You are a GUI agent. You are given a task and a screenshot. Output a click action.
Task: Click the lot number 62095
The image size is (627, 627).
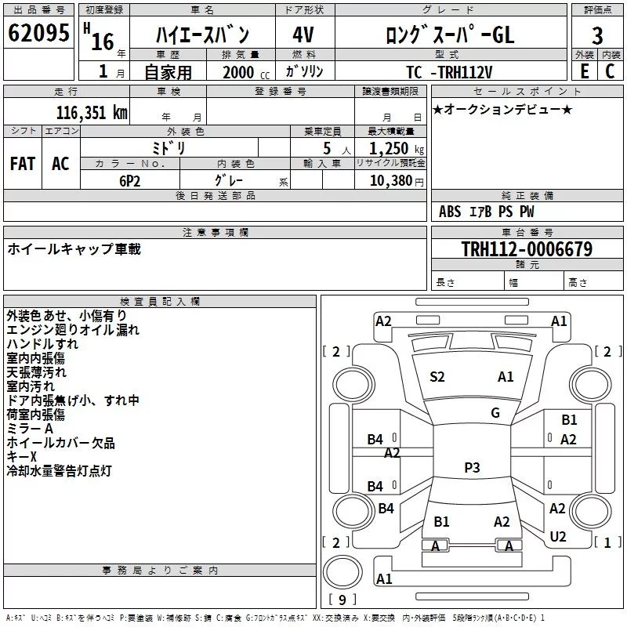tap(38, 33)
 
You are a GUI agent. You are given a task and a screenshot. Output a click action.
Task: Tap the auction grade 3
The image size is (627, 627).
tap(597, 36)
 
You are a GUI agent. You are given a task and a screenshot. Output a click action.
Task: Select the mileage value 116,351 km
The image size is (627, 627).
tap(92, 113)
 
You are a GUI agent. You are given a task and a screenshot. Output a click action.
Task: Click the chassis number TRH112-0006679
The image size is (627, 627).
tap(527, 249)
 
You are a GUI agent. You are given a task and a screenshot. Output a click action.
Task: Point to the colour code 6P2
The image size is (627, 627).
tap(130, 181)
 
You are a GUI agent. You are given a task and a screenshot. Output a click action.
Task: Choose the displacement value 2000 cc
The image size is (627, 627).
tap(246, 72)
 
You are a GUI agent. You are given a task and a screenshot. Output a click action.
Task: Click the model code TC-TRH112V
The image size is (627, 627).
tap(449, 72)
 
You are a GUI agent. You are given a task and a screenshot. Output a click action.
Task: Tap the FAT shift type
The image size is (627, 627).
tap(23, 164)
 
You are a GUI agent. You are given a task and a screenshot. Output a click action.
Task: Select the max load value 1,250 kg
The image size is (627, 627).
tap(397, 149)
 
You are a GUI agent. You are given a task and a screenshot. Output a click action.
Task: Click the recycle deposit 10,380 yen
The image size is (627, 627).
tap(397, 181)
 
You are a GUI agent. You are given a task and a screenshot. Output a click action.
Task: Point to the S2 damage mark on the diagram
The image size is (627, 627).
tap(437, 377)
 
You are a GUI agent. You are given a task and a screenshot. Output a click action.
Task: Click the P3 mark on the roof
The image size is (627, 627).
tap(472, 467)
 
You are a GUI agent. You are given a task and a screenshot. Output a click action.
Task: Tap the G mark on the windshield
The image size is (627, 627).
tap(495, 413)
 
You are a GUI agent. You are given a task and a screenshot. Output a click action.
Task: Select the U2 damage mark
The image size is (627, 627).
tap(558, 537)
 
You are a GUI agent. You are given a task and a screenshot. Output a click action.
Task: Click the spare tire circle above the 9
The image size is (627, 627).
tap(342, 572)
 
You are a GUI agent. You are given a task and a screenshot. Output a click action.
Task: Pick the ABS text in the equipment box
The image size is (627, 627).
tap(450, 212)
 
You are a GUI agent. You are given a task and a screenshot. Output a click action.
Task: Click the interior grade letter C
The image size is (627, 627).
tap(610, 71)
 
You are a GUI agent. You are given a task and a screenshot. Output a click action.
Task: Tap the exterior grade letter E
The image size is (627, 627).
tap(585, 71)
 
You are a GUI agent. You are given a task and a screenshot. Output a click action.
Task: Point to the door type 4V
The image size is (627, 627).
tap(303, 34)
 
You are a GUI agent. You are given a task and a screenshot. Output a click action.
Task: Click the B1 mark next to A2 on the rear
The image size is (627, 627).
tap(441, 522)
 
